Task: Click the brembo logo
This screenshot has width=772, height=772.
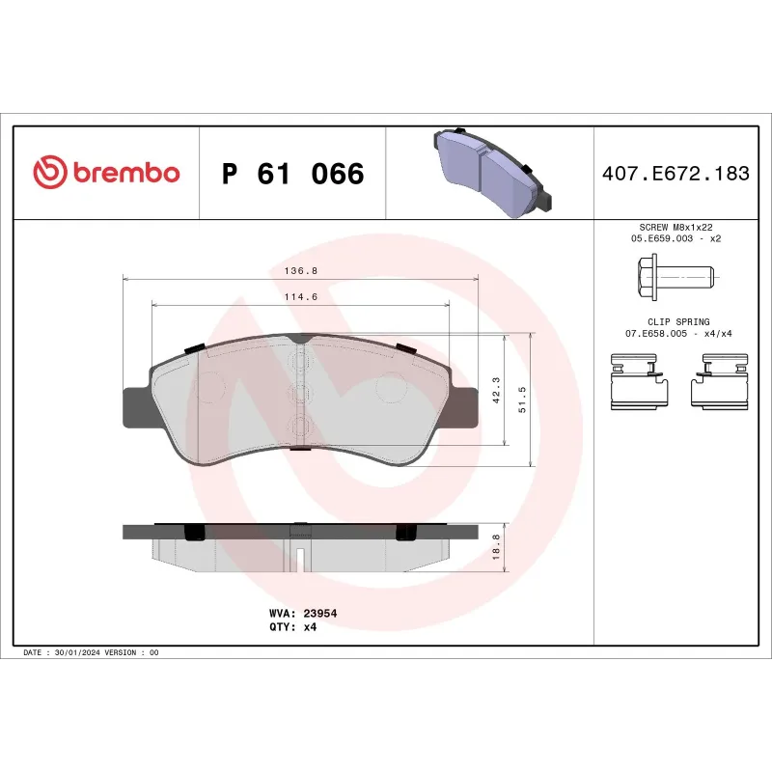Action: point(106,173)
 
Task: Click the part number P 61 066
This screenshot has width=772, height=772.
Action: point(292,174)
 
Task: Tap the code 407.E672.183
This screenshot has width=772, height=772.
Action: point(675,174)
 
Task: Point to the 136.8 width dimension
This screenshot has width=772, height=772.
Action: point(300,271)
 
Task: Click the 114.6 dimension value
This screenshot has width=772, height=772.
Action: point(301,297)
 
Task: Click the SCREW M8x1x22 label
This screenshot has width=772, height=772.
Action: point(675,227)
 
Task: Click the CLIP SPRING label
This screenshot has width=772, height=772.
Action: point(675,322)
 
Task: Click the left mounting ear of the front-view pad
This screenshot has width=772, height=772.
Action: point(136,405)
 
